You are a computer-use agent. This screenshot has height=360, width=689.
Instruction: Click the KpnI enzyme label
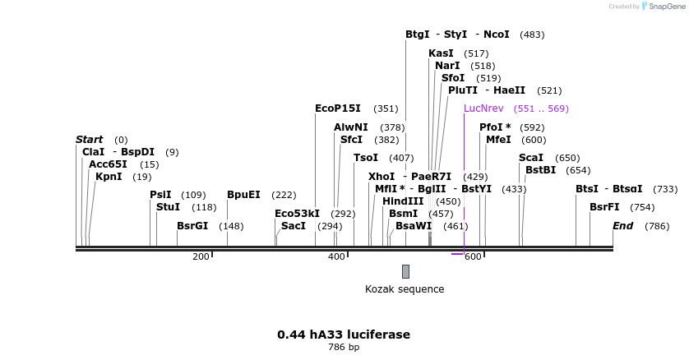109,176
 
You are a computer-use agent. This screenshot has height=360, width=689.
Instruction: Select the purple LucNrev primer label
483,108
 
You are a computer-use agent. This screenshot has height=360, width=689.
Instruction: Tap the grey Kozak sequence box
405,271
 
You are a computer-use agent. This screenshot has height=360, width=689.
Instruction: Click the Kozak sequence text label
405,288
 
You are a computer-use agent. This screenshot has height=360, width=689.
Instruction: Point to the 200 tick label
201,257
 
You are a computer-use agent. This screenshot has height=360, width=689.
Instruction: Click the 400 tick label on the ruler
336,257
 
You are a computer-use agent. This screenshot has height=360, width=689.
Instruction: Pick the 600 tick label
473,257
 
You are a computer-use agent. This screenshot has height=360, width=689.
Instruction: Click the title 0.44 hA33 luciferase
344,335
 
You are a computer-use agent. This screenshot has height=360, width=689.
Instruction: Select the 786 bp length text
344,348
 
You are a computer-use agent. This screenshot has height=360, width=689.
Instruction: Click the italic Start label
90,140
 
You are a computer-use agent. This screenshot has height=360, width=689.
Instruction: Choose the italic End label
622,225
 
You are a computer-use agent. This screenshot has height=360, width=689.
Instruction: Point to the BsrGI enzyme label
192,225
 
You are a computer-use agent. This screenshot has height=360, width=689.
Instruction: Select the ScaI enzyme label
531,158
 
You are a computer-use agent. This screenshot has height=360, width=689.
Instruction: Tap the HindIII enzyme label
403,201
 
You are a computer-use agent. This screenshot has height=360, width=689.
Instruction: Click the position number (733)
665,189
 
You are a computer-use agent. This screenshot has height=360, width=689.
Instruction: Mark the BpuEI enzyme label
243,194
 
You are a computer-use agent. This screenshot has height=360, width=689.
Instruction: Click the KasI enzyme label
441,53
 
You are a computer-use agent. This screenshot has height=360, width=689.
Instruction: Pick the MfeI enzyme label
498,140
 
